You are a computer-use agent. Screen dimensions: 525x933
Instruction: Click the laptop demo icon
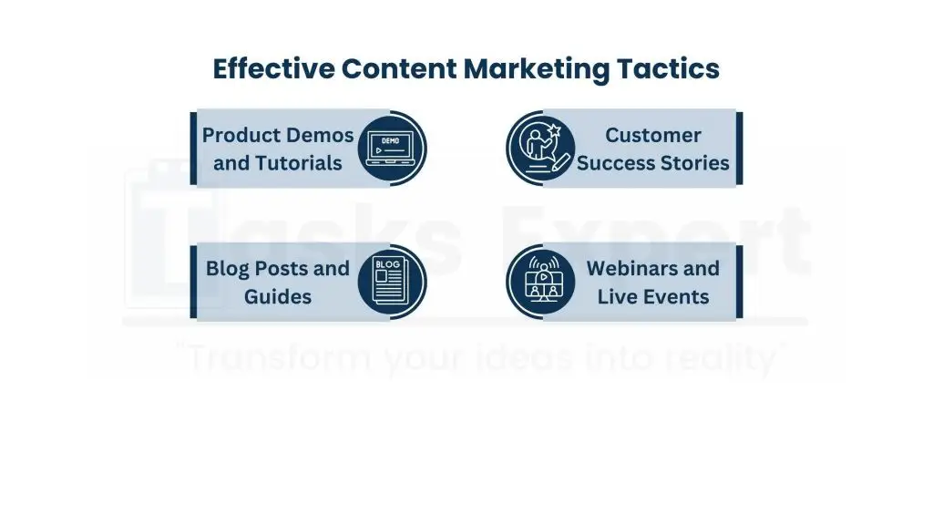pos(389,149)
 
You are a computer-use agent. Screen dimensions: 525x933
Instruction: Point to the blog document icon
pos(389,282)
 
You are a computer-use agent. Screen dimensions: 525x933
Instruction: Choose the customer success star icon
pos(543,149)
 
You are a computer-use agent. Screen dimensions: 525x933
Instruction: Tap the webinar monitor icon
pos(543,282)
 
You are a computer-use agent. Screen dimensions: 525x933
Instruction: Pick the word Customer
pos(652,136)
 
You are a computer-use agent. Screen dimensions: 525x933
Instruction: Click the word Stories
pos(694,163)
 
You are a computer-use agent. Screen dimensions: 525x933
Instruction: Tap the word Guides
pos(278,296)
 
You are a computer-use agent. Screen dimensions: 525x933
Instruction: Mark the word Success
pos(616,163)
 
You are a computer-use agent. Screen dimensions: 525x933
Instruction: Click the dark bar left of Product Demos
pos(193,149)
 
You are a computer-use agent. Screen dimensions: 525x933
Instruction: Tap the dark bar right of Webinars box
pos(739,282)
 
